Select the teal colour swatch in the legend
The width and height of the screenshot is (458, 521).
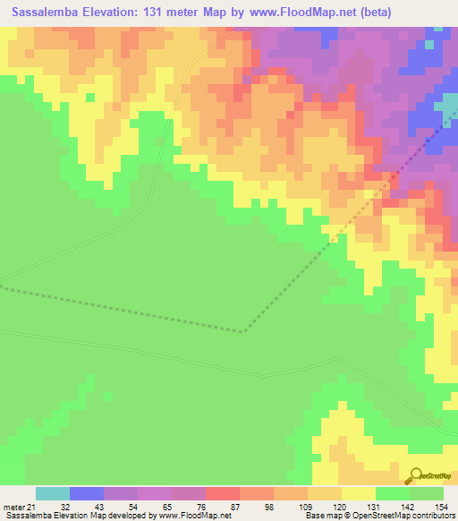pos(53,493)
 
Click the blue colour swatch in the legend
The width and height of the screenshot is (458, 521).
pos(87,493)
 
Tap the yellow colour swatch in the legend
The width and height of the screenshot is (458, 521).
pos(358,493)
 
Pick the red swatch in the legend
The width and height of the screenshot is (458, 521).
pos(223,493)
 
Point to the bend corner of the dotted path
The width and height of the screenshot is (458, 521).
pos(242,331)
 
